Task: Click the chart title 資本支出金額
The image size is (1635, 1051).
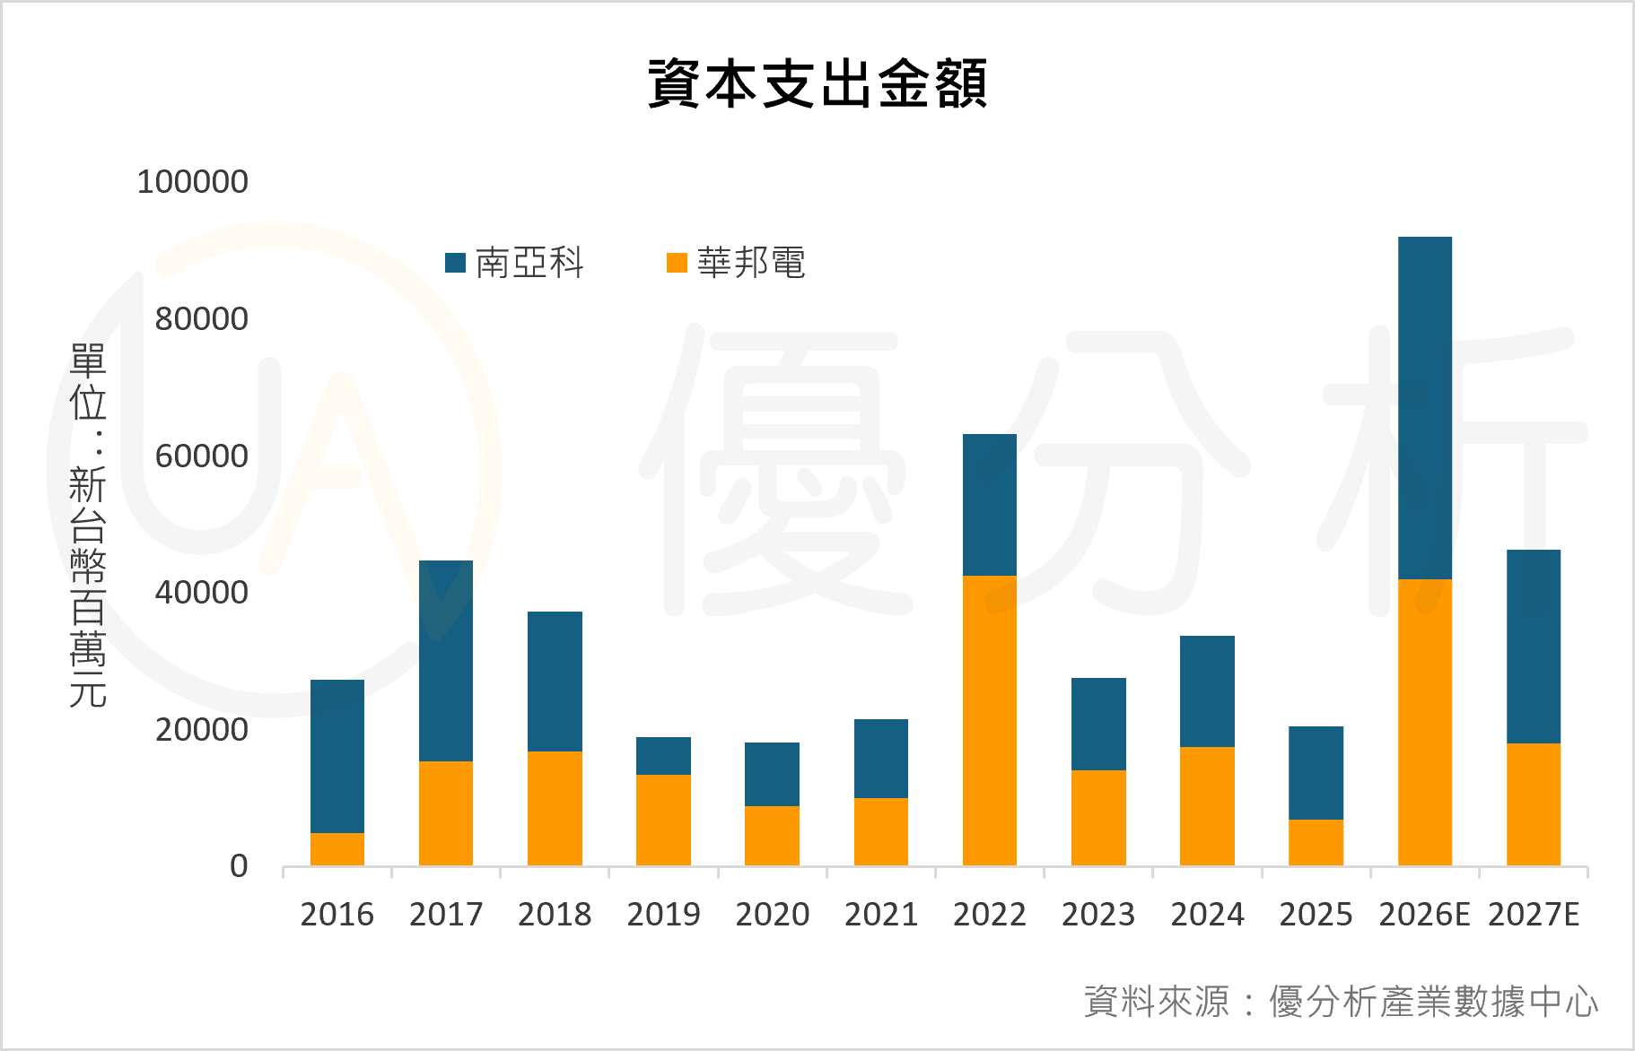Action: coord(817,84)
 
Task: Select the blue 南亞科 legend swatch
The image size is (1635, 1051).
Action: coord(456,263)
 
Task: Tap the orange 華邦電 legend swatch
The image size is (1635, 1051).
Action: coord(677,263)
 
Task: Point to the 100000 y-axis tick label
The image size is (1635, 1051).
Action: coord(192,182)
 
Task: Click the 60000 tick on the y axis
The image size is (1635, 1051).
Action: coord(201,456)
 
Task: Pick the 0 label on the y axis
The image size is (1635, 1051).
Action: coord(239,866)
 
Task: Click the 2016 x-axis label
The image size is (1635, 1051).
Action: coord(337,915)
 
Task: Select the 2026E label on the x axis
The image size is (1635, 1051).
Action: coord(1424,915)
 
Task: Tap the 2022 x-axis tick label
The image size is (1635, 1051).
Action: coord(989,915)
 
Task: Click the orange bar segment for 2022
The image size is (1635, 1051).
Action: coord(989,720)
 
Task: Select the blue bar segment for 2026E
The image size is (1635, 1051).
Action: coord(1424,408)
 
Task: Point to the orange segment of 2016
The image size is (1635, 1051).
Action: coord(337,849)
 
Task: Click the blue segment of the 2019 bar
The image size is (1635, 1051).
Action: coord(663,756)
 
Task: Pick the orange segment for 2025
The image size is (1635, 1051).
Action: coord(1316,842)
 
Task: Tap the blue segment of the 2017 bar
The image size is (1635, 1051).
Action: coord(446,661)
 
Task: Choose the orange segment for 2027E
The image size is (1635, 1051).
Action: coord(1533,804)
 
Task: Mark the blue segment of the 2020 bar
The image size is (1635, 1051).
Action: coord(772,774)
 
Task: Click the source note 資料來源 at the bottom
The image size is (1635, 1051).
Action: coord(1341,1002)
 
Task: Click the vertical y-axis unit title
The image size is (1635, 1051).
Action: coord(88,525)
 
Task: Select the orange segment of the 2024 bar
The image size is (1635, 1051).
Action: coord(1207,806)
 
